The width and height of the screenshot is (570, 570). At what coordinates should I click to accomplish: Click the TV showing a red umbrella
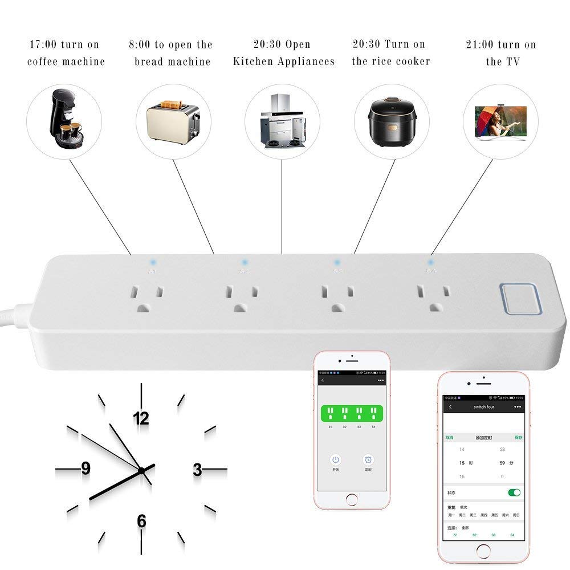click(500, 121)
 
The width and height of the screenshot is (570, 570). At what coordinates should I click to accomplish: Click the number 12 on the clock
click(141, 419)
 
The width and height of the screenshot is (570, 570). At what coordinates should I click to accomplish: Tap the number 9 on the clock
click(85, 469)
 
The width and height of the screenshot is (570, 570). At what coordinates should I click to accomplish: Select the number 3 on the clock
click(197, 470)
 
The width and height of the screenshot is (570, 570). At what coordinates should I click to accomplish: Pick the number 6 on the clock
click(141, 521)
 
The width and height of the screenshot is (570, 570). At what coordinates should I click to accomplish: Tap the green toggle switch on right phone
click(514, 492)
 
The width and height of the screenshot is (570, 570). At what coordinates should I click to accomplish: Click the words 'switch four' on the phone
click(483, 407)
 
